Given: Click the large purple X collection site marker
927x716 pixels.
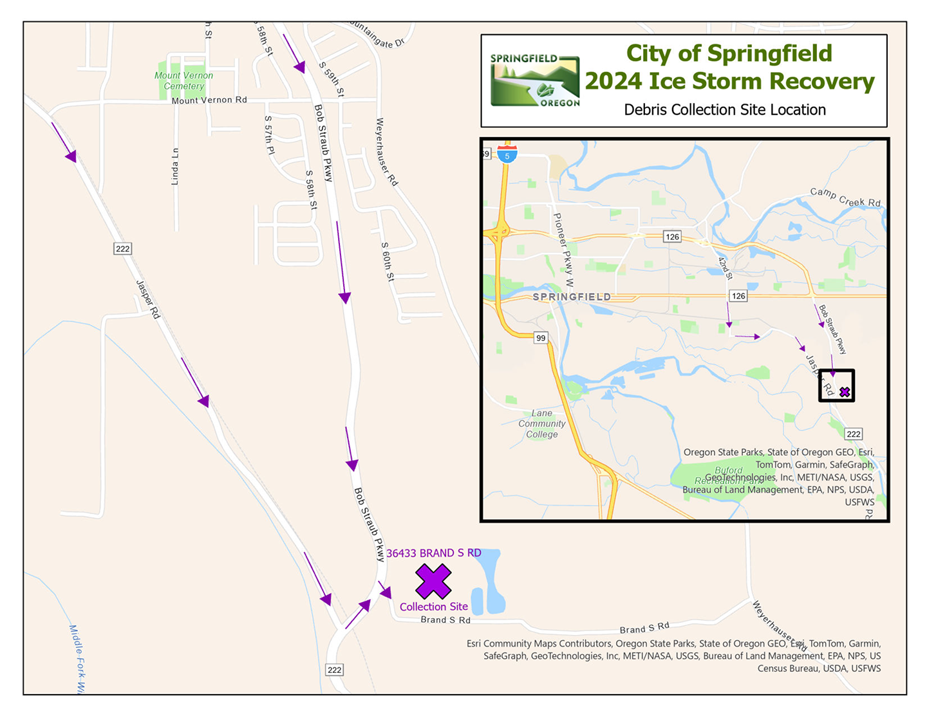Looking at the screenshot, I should point(433,581).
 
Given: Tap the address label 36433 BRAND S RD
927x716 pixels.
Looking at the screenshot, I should point(433,553).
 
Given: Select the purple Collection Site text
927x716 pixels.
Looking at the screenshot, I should point(433,607).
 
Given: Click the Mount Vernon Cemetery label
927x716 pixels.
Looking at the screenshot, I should point(183,80).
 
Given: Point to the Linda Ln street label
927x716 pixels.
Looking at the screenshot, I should point(175,167).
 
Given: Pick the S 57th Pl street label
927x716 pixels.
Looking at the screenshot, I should point(269,135).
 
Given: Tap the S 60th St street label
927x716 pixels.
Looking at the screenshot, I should point(387,262).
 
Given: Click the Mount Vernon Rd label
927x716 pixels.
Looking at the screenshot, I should point(209,100).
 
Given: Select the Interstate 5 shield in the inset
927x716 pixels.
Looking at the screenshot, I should point(507,155).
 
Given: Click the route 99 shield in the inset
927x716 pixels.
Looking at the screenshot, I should point(541,338).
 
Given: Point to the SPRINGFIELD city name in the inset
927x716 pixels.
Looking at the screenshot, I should point(572,297).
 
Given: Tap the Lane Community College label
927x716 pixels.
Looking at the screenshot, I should point(541,424).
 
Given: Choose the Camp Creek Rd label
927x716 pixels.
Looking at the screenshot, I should point(845,197).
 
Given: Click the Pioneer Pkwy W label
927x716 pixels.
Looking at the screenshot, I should point(563,250).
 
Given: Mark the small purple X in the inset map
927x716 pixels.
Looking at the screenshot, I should point(845,392).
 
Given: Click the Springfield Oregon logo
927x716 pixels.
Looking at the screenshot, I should point(534,80).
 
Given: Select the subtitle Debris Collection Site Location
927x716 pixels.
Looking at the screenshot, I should point(725,110).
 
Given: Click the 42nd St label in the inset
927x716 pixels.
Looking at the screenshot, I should point(726,268).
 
